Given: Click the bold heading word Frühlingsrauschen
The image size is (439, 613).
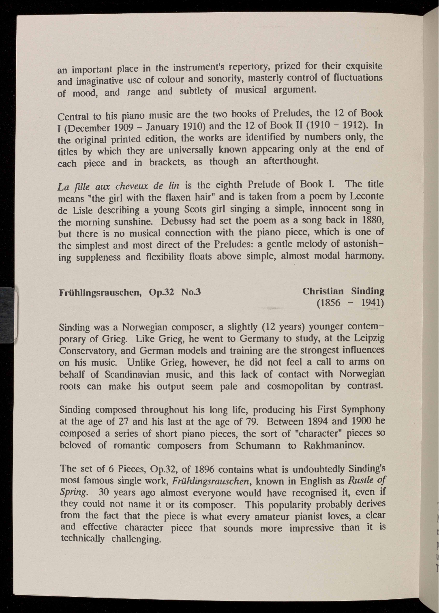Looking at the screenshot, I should pyautogui.click(x=100, y=292).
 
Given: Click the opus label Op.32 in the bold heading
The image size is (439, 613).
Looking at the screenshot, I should pyautogui.click(x=161, y=292).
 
